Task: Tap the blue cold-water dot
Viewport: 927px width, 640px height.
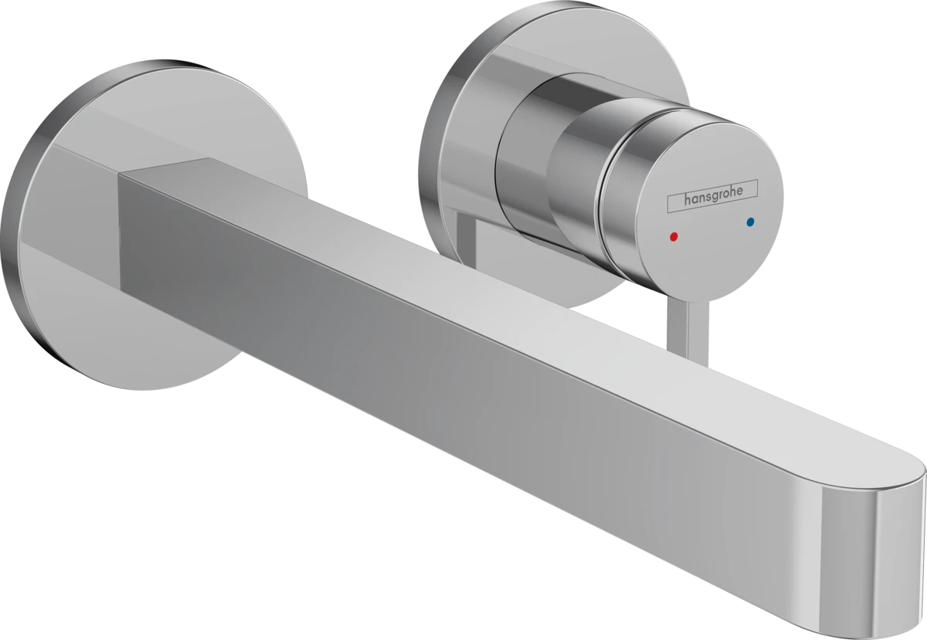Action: point(748,222)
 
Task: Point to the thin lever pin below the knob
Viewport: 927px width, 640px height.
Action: point(669,317)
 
